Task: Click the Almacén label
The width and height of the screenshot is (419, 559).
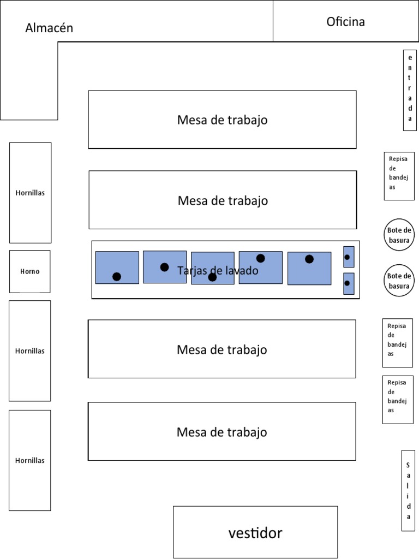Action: click(x=49, y=28)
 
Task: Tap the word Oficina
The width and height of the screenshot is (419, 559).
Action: click(x=345, y=22)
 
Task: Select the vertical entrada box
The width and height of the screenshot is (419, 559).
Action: click(x=410, y=90)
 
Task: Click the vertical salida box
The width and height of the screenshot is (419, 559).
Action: click(x=408, y=491)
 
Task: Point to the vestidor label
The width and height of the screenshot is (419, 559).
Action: click(x=255, y=533)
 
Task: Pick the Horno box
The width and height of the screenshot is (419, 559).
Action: click(x=30, y=271)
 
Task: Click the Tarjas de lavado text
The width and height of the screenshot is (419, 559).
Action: click(x=218, y=271)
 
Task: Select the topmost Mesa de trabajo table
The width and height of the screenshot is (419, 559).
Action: click(x=223, y=120)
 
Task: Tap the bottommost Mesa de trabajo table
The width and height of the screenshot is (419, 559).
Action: click(x=222, y=431)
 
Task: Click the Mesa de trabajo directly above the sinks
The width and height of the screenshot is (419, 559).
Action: click(x=223, y=200)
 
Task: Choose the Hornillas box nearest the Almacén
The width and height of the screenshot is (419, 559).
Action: click(x=31, y=193)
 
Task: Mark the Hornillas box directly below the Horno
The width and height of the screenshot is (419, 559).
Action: click(x=30, y=351)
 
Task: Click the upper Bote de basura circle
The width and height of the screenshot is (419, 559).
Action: click(x=399, y=235)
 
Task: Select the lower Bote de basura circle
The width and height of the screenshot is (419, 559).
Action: click(x=399, y=281)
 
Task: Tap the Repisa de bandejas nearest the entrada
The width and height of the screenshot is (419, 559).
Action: click(x=399, y=176)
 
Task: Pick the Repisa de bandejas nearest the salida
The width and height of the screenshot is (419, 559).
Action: click(x=398, y=400)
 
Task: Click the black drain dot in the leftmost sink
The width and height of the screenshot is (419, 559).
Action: click(x=117, y=276)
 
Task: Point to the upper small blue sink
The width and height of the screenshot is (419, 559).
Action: click(x=349, y=257)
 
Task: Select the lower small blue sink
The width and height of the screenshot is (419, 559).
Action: click(x=349, y=284)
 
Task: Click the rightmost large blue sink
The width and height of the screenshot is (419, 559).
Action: click(x=309, y=269)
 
